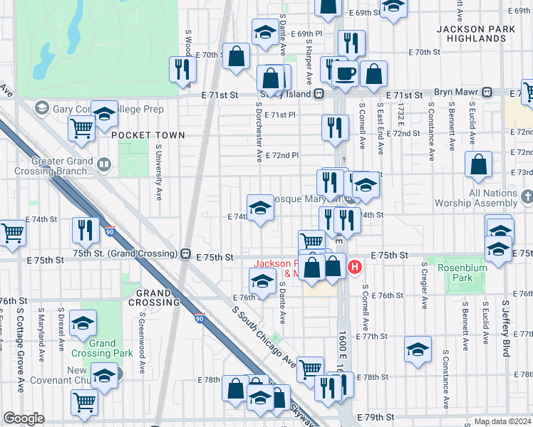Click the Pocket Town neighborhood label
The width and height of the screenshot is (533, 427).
click(x=148, y=135)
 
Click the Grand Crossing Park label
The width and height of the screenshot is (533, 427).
click(x=103, y=348)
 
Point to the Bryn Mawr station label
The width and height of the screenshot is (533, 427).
click(x=459, y=93)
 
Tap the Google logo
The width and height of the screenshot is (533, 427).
click(x=24, y=418)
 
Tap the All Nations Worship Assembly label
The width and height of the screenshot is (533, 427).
click(x=493, y=198)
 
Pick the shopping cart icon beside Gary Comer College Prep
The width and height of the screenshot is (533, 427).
click(x=83, y=128)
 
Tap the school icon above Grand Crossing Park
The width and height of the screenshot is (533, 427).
click(x=83, y=324)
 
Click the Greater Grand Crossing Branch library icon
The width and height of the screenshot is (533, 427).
click(x=104, y=165)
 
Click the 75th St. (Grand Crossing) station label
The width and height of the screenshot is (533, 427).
click(x=124, y=253)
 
